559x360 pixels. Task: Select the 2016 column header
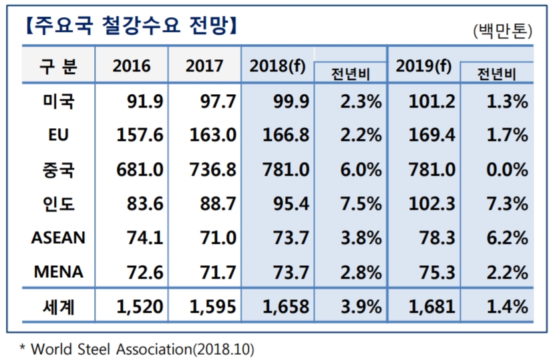(x=132, y=65)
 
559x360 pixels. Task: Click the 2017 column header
(x=204, y=65)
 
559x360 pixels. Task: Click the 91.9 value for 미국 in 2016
(x=145, y=102)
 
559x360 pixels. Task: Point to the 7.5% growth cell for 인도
(x=361, y=204)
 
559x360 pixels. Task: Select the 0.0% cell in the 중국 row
(x=508, y=169)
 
